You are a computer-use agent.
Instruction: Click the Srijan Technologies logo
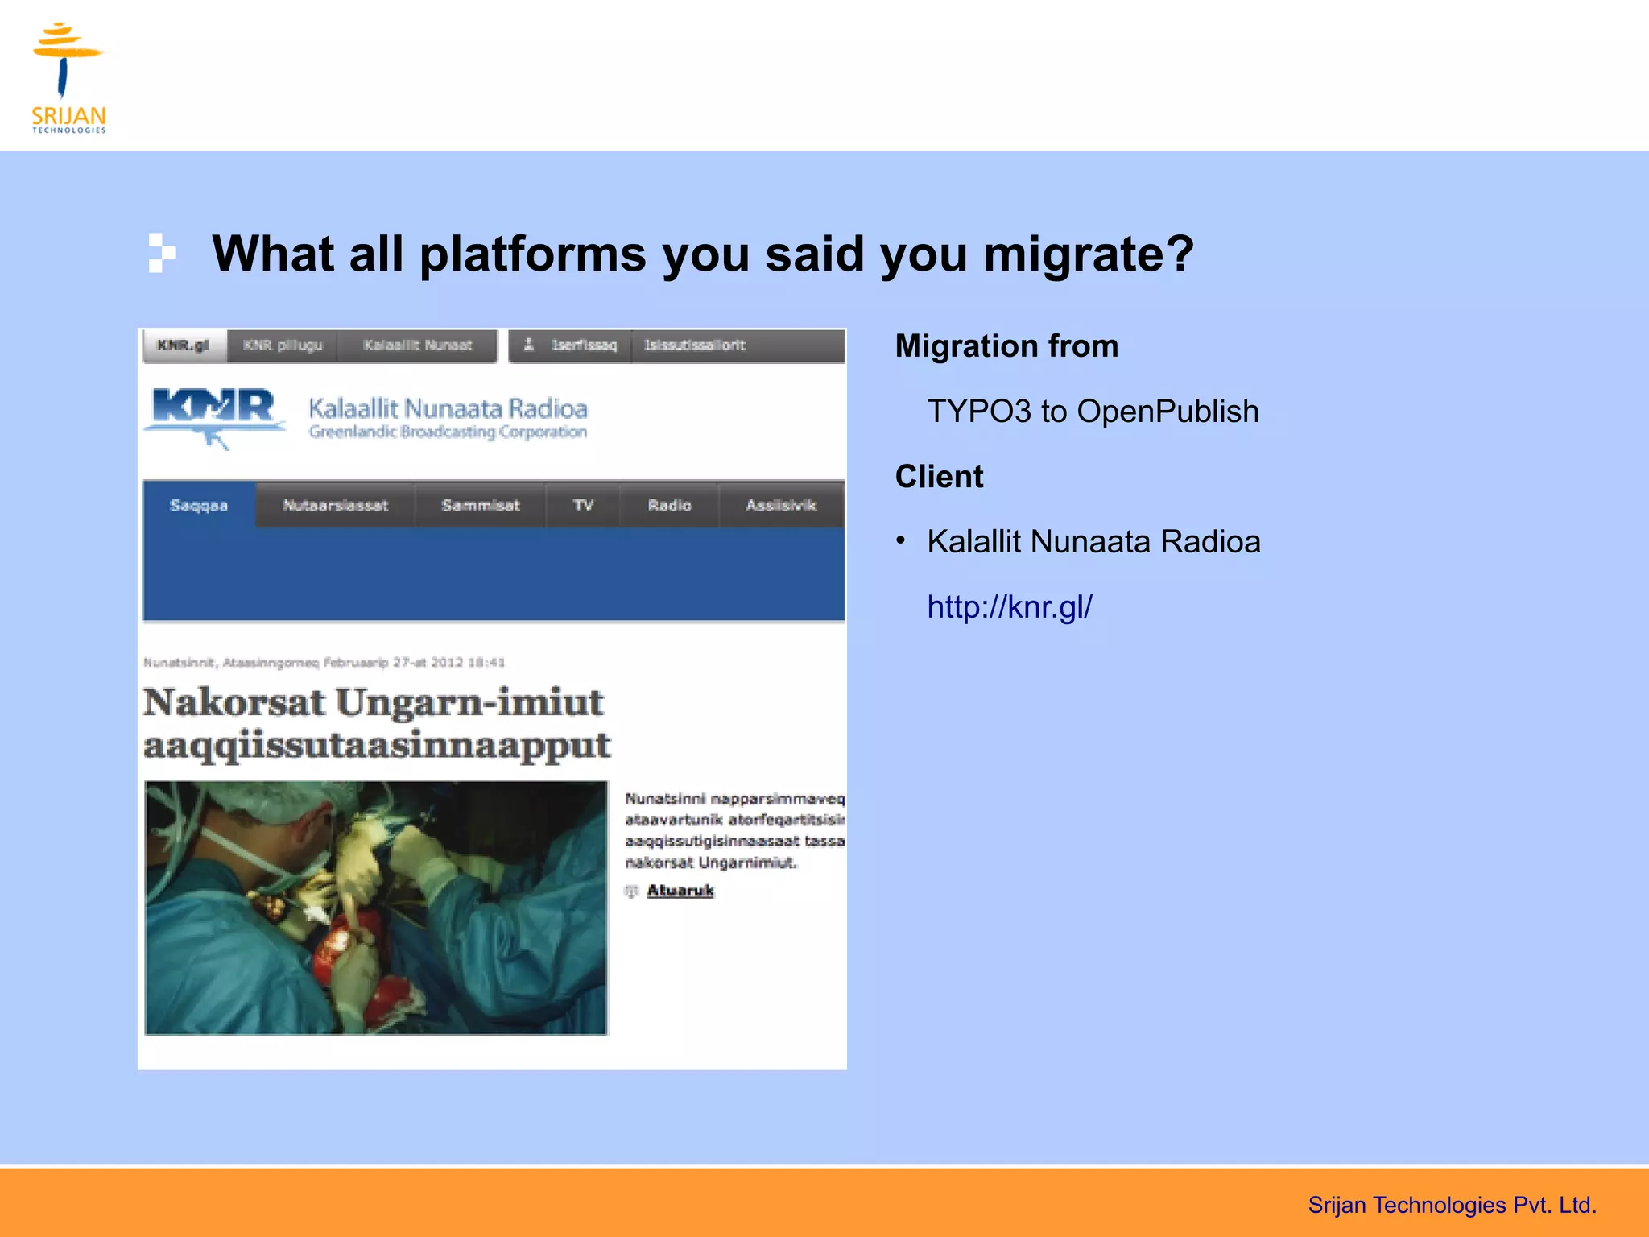click(x=68, y=77)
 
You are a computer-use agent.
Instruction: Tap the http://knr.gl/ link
click(x=1009, y=607)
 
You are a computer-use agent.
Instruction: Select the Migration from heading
click(x=1006, y=346)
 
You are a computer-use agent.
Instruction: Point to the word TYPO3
click(x=978, y=412)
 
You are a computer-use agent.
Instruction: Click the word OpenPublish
click(x=1168, y=412)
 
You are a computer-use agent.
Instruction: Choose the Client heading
click(x=939, y=477)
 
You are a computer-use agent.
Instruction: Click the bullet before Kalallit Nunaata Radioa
click(x=901, y=540)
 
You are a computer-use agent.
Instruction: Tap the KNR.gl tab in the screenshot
click(x=183, y=345)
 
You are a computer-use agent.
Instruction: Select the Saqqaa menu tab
click(x=199, y=506)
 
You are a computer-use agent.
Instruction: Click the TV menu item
click(x=583, y=506)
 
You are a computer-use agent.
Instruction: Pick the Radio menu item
click(x=669, y=506)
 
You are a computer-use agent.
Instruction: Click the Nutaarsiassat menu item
click(x=335, y=506)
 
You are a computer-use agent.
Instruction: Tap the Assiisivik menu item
click(x=780, y=506)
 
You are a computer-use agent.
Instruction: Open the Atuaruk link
click(x=680, y=890)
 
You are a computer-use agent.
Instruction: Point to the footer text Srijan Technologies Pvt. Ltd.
click(x=1451, y=1205)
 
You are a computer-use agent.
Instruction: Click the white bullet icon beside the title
click(x=161, y=253)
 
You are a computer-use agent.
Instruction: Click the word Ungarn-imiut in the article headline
click(x=469, y=702)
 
